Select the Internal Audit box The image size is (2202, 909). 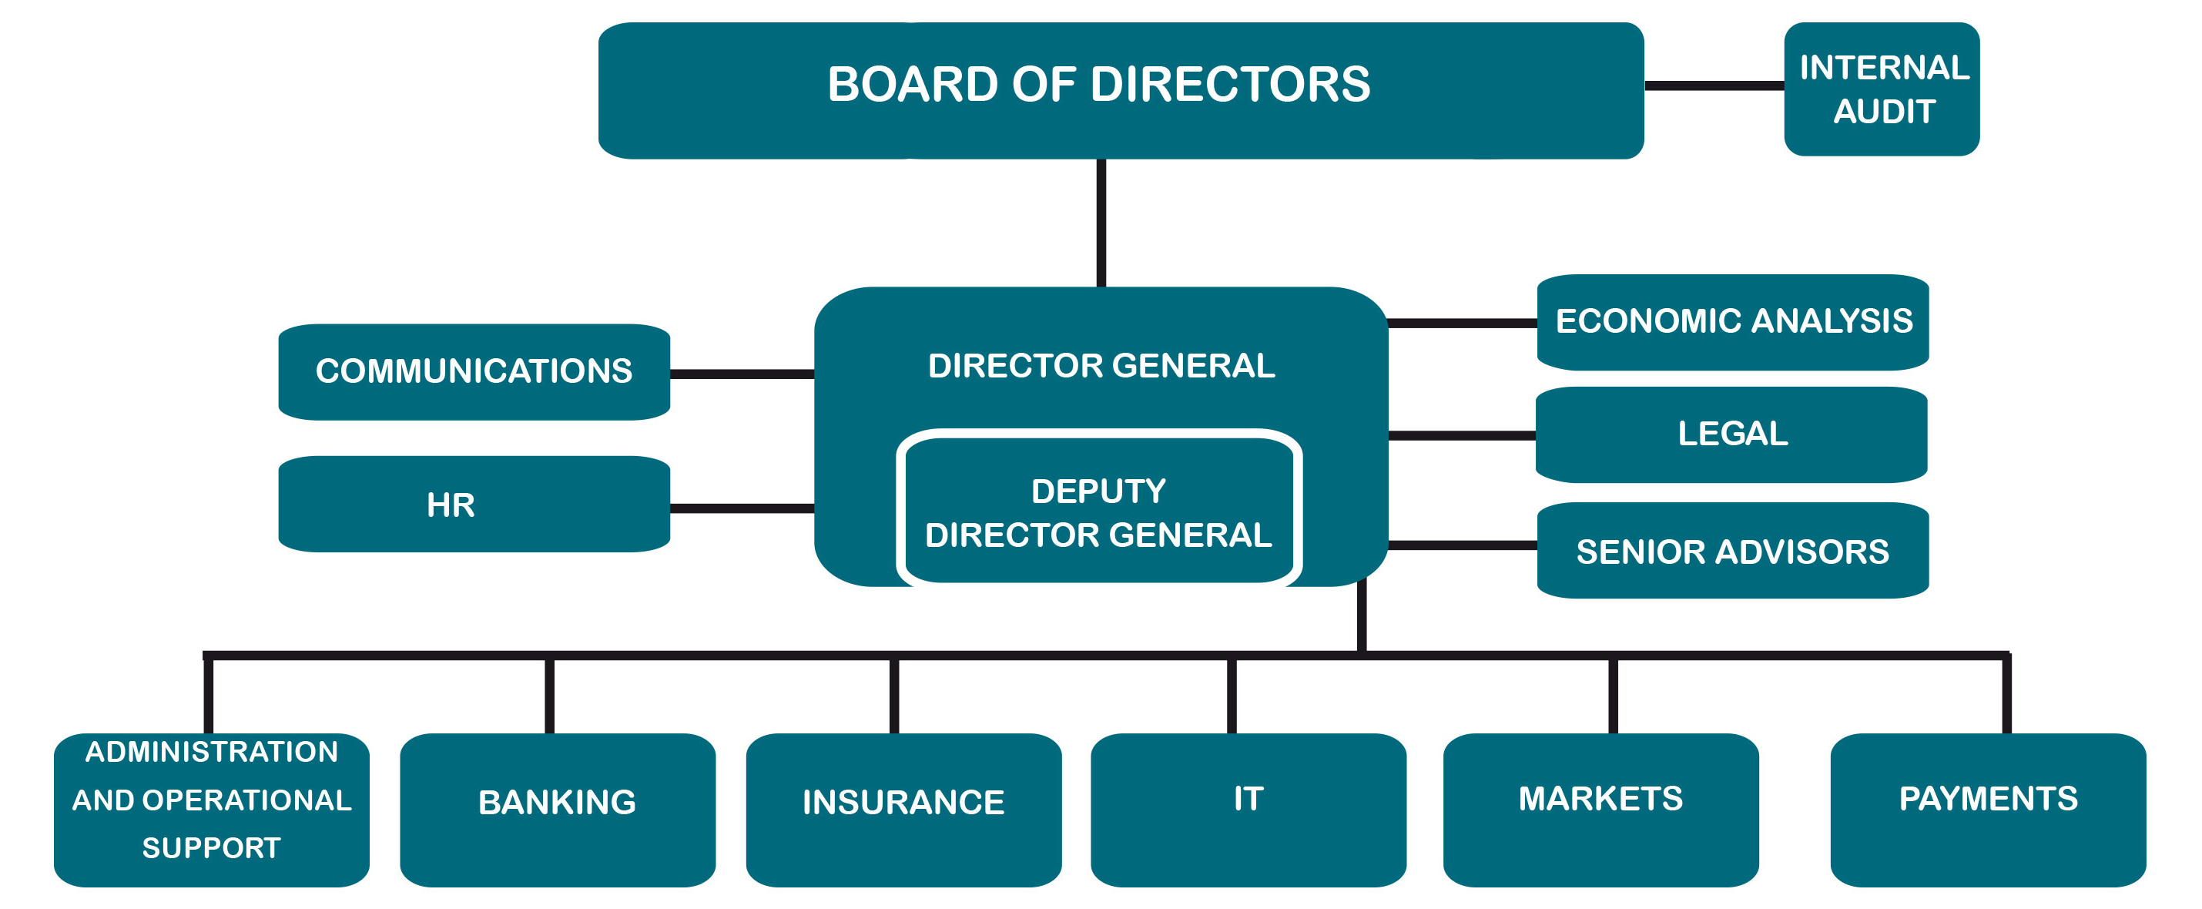tap(1882, 89)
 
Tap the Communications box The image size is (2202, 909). tap(474, 371)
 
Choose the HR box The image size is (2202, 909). tap(474, 504)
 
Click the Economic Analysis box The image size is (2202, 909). tap(1733, 321)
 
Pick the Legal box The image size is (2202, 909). tap(1731, 434)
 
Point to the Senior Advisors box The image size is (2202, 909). tap(1733, 551)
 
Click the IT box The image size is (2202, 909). tap(1248, 809)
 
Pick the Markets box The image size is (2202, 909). tap(1600, 809)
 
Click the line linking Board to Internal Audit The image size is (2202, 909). tap(1714, 86)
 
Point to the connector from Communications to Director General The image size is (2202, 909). tap(742, 374)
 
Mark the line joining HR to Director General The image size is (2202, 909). tap(742, 508)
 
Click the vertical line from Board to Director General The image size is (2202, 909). tap(1101, 223)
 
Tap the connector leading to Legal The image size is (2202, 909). tap(1462, 435)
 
